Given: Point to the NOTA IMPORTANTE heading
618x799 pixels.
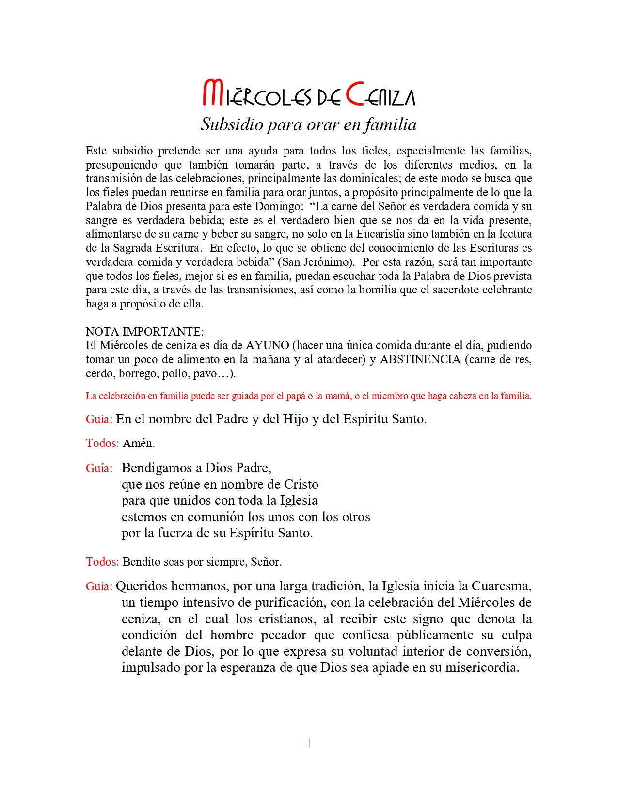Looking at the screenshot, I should (x=144, y=332).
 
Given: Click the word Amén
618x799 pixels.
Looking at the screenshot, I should (x=139, y=443).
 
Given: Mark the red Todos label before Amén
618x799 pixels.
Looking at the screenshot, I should (x=102, y=443).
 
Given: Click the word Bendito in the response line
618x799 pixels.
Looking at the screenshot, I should (x=138, y=562).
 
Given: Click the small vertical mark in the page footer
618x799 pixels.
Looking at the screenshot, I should (x=309, y=743).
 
